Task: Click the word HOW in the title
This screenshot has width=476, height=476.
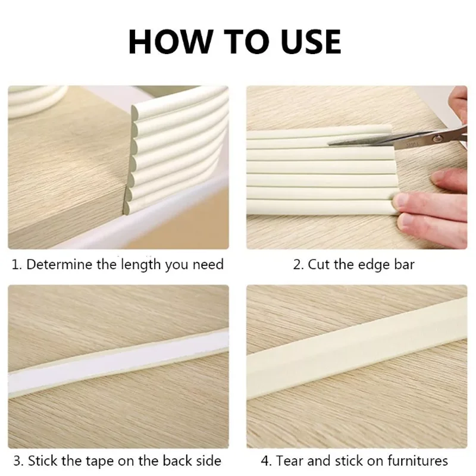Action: pyautogui.click(x=170, y=42)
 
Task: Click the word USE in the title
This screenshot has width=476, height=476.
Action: pyautogui.click(x=311, y=42)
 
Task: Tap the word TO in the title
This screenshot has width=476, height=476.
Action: pyautogui.click(x=246, y=42)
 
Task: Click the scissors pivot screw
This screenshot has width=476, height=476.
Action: pyautogui.click(x=437, y=139)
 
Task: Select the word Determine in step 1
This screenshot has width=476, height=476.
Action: pyautogui.click(x=59, y=264)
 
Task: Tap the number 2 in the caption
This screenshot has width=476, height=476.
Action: pyautogui.click(x=297, y=264)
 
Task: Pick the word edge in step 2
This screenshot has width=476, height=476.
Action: pyautogui.click(x=374, y=265)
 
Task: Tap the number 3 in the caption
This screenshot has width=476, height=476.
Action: pyautogui.click(x=18, y=461)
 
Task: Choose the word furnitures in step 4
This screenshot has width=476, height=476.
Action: pyautogui.click(x=417, y=461)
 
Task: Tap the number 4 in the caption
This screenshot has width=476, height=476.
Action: pyautogui.click(x=265, y=461)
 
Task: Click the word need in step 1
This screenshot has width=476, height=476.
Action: pyautogui.click(x=208, y=264)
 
